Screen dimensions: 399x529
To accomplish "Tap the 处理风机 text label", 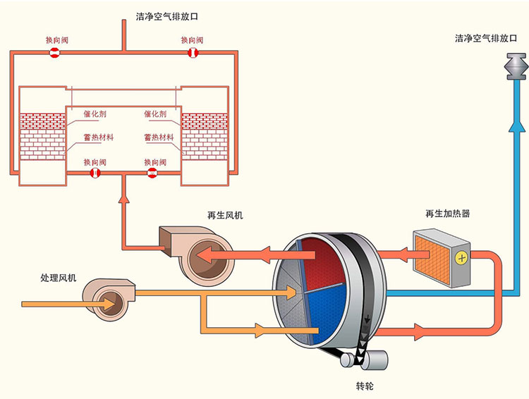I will pos(58,277).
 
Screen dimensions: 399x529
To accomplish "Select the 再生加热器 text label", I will pos(447,214).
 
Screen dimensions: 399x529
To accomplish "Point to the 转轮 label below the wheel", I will pos(365,387).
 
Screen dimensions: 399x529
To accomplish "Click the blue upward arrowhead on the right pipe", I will pos(516,125).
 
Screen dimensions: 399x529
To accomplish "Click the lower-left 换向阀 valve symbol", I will pos(96,173).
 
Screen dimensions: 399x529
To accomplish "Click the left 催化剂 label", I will pos(95,113).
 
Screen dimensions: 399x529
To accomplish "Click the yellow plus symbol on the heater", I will pos(461,257).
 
